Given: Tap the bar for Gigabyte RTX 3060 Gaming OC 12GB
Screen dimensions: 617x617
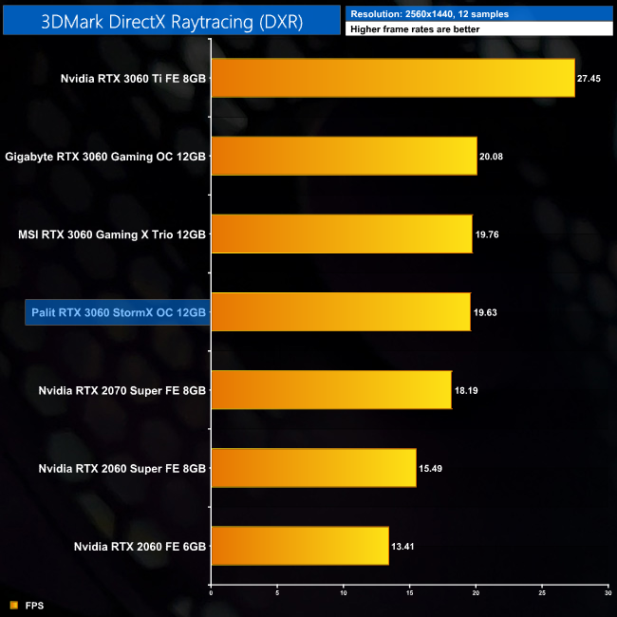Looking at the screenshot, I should [x=344, y=156].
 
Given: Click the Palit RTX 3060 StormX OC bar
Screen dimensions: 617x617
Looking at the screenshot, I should [x=340, y=311].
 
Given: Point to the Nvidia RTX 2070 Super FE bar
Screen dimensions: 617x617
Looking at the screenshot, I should [x=330, y=389].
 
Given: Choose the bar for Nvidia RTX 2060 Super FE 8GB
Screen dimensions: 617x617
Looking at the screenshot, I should [x=313, y=467].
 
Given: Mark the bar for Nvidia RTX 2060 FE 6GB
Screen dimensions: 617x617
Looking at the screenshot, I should [x=299, y=545].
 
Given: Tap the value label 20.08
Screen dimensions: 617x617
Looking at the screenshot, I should [x=492, y=157].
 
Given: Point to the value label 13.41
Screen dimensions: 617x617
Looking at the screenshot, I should [x=403, y=546].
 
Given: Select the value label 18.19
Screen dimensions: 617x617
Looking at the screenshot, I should [x=467, y=390].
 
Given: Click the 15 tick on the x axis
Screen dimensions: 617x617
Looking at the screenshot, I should [x=409, y=595].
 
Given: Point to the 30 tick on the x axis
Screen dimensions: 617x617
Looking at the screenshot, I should [x=606, y=595].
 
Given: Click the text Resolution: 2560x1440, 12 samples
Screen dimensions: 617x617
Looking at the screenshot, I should [x=417, y=13].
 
